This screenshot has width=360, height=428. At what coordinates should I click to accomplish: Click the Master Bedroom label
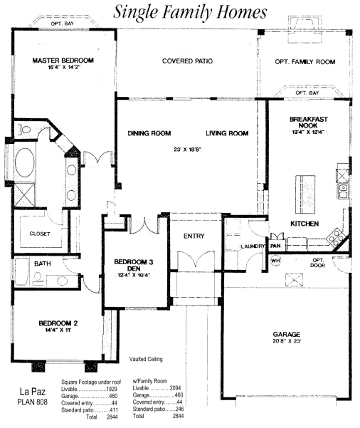[63, 61]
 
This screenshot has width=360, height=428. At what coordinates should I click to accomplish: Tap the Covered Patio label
[187, 61]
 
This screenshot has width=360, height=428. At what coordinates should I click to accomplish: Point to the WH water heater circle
[275, 261]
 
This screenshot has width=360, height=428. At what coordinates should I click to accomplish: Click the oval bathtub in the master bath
[25, 163]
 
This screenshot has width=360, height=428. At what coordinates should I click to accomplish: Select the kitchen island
[305, 194]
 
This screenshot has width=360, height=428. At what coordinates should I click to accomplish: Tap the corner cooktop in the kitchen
[335, 236]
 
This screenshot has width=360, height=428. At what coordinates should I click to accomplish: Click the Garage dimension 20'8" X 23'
[287, 341]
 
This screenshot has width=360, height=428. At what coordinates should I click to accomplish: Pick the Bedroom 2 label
[58, 323]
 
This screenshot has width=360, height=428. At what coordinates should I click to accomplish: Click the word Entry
[194, 236]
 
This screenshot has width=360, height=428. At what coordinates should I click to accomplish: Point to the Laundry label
[253, 246]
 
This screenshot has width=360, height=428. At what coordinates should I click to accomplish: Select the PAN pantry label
[275, 246]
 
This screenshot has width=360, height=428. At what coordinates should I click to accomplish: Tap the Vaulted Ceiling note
[146, 359]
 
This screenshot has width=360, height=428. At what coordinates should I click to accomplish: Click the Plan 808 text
[32, 402]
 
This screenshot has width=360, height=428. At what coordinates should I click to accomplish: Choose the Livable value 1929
[112, 389]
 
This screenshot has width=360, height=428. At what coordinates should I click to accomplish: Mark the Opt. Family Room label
[305, 62]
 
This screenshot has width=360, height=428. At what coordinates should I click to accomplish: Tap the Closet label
[40, 234]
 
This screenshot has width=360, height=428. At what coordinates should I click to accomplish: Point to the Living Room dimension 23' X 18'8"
[187, 150]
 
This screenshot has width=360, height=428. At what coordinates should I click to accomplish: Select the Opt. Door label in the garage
[318, 263]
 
